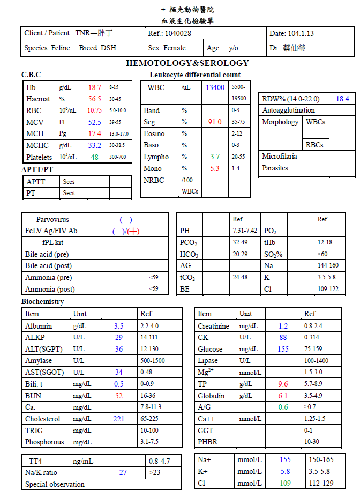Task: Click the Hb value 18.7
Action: (95, 87)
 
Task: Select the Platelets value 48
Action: (95, 157)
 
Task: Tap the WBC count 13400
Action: (215, 87)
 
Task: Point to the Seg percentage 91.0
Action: (215, 122)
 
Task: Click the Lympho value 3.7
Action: (215, 157)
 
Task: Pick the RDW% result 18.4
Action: (342, 99)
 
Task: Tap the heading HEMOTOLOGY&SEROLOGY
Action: (187, 63)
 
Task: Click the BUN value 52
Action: (118, 396)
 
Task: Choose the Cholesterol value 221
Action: (118, 419)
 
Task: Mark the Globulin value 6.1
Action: (283, 396)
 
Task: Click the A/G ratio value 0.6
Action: (283, 407)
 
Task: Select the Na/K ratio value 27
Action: (123, 472)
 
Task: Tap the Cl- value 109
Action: (285, 483)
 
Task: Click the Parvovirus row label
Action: (52, 219)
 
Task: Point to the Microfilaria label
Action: (280, 157)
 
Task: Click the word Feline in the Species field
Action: (60, 48)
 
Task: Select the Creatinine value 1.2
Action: (283, 326)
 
